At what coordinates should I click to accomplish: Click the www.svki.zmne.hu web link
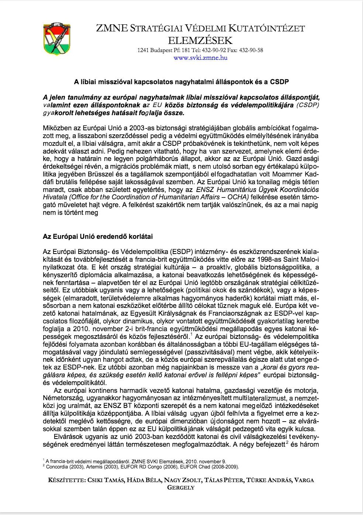[x=200, y=58]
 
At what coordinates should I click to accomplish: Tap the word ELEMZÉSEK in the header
[x=200, y=40]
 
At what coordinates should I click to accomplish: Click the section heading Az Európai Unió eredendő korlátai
[x=98, y=236]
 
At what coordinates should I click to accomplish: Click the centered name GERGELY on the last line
[x=181, y=487]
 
